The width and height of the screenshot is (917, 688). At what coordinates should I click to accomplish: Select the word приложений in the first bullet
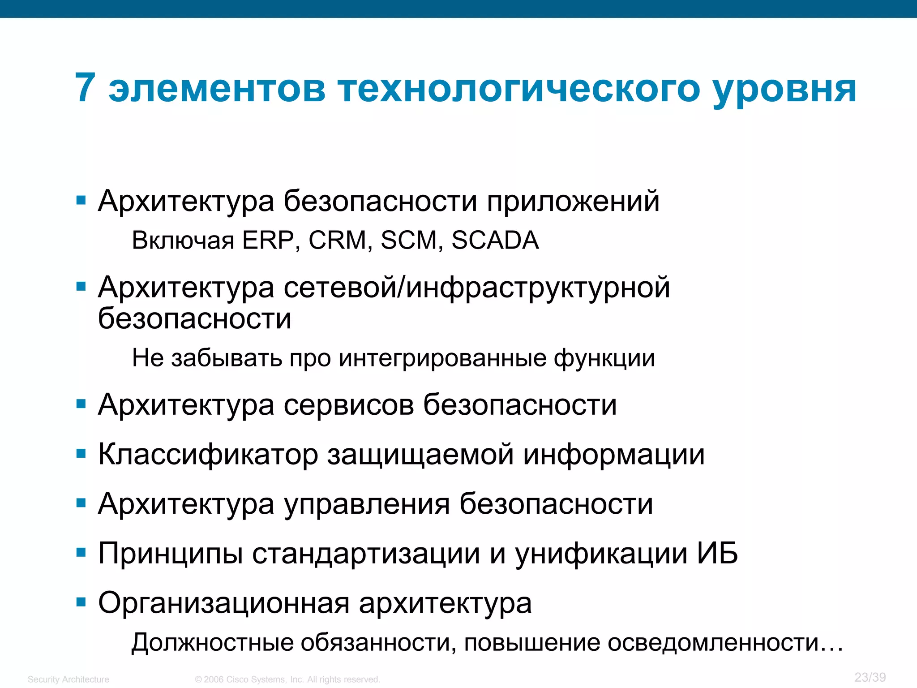[x=573, y=202]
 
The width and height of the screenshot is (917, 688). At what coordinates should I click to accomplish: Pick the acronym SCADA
[x=495, y=240]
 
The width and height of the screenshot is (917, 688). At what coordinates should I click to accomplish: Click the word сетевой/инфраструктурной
[x=476, y=288]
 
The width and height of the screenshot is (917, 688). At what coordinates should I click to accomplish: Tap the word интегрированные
[x=442, y=358]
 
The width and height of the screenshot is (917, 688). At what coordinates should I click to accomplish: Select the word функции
[x=604, y=359]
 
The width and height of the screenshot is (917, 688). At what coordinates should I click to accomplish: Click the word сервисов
[x=349, y=405]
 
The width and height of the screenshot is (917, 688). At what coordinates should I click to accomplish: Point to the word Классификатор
[x=208, y=455]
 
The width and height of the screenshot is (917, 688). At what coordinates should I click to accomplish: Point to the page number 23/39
[x=870, y=677]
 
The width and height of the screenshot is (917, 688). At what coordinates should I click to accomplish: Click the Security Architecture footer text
[x=68, y=679]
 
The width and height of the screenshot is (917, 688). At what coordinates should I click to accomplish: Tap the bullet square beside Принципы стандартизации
[x=81, y=553]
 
